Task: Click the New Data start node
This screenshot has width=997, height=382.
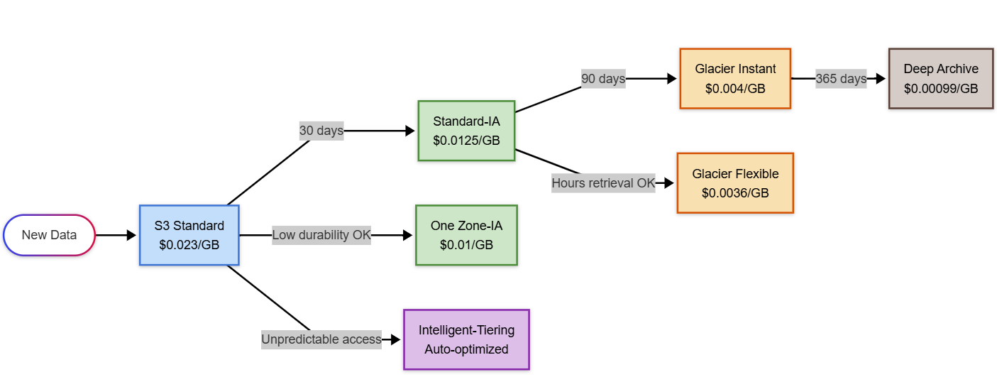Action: point(49,235)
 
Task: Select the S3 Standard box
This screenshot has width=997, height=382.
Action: point(189,235)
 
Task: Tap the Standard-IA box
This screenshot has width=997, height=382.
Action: point(466,131)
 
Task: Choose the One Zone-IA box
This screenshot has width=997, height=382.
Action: point(466,235)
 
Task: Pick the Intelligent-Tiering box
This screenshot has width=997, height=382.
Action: point(466,339)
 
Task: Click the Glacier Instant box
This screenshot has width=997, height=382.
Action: point(735,78)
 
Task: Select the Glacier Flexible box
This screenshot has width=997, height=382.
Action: point(735,183)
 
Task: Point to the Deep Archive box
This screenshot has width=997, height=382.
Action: point(941,78)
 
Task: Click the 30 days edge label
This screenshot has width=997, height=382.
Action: point(321,131)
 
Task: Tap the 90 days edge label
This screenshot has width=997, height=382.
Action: point(603,79)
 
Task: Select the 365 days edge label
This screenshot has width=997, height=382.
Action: point(841,79)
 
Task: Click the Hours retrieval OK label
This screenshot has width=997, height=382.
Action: point(604,183)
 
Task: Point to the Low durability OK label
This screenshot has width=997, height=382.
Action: point(321,235)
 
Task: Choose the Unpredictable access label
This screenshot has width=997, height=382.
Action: point(321,339)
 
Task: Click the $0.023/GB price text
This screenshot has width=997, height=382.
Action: point(189,245)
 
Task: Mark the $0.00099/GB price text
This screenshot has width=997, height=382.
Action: point(941,89)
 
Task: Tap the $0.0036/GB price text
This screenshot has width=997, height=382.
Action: point(735,193)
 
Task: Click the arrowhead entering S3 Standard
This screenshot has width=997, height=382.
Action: point(131,235)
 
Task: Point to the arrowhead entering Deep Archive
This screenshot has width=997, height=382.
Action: point(881,79)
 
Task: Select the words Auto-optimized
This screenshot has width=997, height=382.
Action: point(466,349)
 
